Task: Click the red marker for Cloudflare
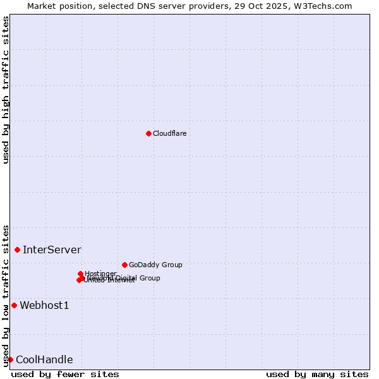(148, 133)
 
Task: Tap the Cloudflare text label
(169, 133)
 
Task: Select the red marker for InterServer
(17, 250)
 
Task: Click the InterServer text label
(52, 250)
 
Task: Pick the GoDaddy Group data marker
(124, 265)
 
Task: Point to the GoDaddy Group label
(155, 265)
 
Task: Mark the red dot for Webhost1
(14, 306)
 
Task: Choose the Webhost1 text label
(44, 306)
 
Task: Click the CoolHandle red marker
(10, 359)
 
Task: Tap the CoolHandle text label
(44, 360)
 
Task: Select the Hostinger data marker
(80, 274)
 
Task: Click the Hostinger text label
(100, 274)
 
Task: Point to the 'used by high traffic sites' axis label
(6, 90)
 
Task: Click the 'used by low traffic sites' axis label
(6, 295)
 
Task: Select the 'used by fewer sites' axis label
(65, 374)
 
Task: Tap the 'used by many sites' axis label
(317, 374)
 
